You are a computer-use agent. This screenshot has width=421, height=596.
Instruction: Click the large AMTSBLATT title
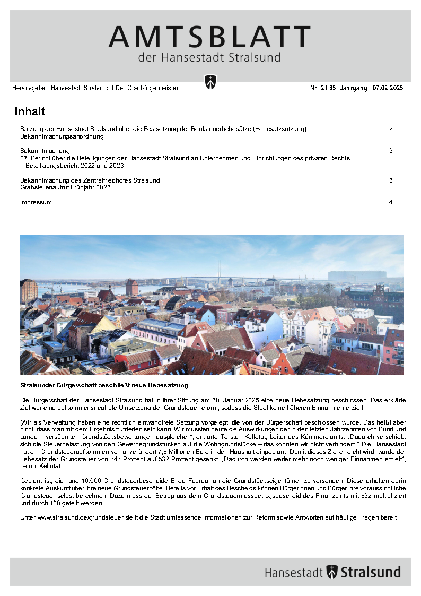point(209,37)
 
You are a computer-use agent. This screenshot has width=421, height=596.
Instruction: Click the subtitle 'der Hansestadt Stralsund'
point(209,57)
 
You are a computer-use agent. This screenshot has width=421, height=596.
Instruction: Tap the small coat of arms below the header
point(210,82)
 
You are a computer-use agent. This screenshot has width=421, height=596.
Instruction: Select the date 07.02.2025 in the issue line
point(388,88)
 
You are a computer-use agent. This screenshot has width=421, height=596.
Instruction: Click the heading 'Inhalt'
point(30,111)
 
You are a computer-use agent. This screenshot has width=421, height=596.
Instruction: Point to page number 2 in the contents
point(390,129)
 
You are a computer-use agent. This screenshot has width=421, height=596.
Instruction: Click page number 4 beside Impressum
point(390,202)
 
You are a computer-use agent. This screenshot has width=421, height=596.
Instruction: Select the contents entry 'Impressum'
point(36,202)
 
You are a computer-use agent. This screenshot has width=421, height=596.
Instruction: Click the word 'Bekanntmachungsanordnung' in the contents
point(62,136)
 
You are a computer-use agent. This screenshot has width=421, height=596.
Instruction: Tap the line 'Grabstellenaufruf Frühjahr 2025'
point(65,187)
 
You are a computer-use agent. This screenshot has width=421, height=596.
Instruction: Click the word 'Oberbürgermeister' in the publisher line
point(154,88)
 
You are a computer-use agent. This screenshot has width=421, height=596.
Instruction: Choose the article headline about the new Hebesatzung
point(104,384)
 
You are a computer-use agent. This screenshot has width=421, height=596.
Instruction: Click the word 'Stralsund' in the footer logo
point(371,572)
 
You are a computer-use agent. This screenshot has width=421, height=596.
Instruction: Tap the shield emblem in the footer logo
point(332,572)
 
